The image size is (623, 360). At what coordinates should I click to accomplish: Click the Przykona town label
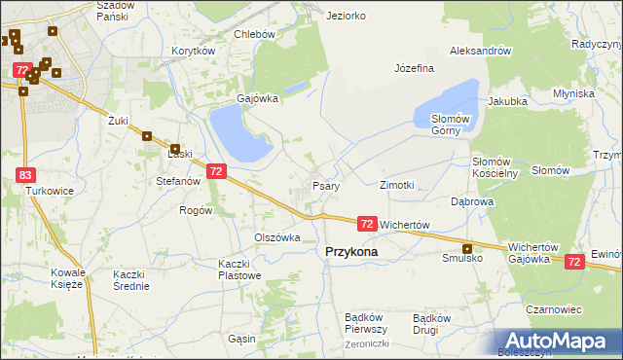point(350,250)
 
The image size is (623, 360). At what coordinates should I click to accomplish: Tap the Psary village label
point(324,186)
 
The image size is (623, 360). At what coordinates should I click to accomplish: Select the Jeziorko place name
point(347,17)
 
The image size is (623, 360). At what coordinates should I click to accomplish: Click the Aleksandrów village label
point(480,51)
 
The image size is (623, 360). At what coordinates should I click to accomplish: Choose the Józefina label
point(414,68)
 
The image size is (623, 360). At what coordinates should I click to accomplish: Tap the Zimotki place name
point(397,184)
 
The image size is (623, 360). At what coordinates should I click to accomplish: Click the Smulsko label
point(462,259)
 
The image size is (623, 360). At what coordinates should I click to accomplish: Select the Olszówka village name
point(277,237)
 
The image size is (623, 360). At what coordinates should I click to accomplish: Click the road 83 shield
point(25,174)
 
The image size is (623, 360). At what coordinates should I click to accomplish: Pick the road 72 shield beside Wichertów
point(367,224)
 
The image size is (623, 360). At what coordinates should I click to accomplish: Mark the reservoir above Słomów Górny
point(448,100)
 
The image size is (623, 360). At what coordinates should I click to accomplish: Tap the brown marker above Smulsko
point(467,248)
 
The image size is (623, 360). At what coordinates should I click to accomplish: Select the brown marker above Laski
point(148,137)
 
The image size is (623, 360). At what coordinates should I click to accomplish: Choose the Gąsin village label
point(240,339)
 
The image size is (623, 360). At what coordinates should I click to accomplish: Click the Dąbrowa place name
point(472,201)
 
